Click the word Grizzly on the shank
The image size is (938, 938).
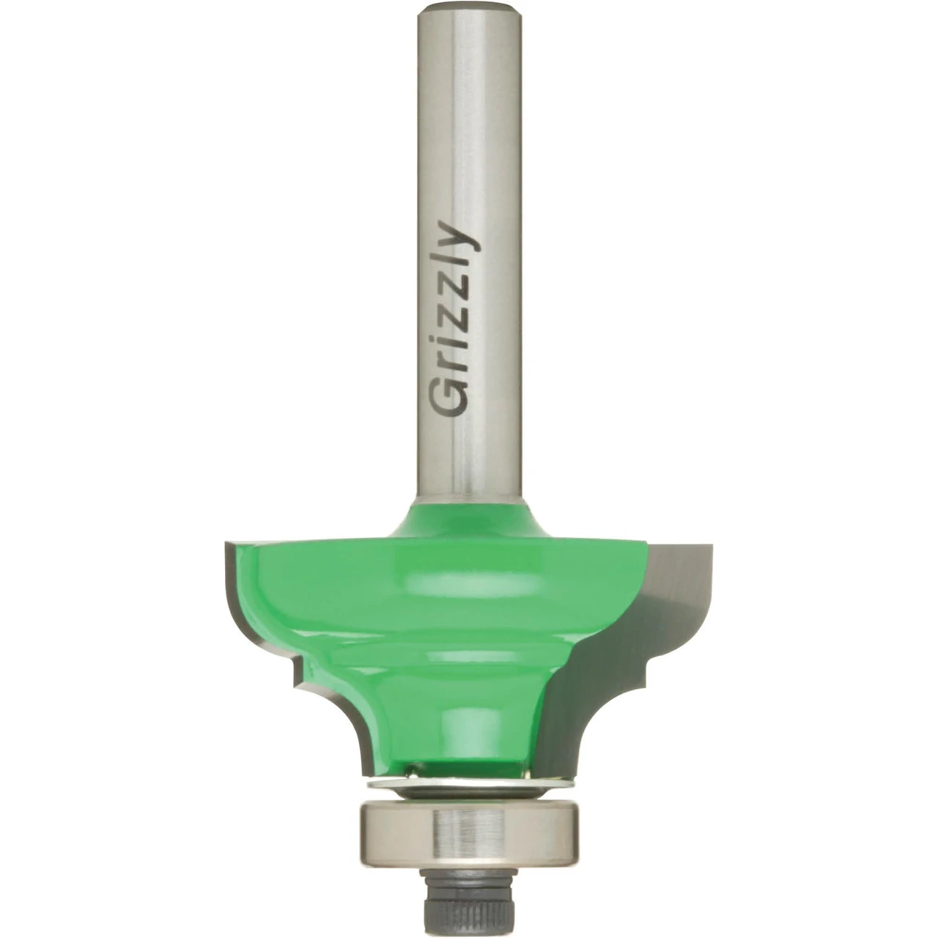click(454, 320)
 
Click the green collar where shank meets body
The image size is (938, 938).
click(469, 522)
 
